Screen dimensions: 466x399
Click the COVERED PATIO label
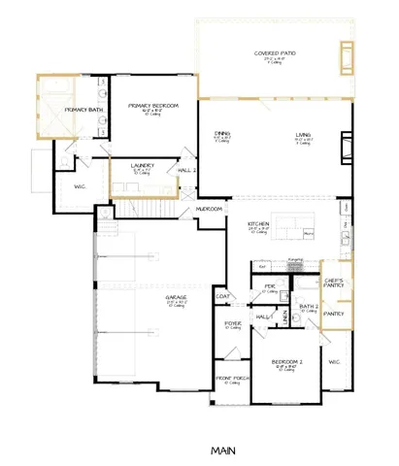pyautogui.click(x=275, y=54)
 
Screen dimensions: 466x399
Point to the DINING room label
pyautogui.click(x=221, y=135)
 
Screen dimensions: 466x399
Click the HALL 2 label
pyautogui.click(x=188, y=171)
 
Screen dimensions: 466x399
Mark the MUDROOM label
pyautogui.click(x=210, y=209)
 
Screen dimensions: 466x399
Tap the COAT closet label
pyautogui.click(x=222, y=296)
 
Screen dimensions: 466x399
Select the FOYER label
pyautogui.click(x=234, y=324)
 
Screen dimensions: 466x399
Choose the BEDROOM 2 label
pyautogui.click(x=286, y=362)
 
